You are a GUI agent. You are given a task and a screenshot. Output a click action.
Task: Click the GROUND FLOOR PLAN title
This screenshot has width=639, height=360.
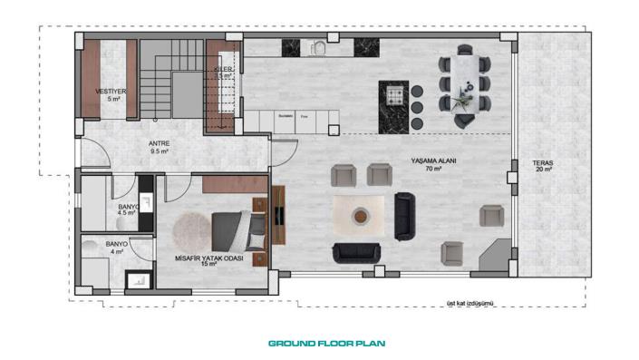pos(327,344)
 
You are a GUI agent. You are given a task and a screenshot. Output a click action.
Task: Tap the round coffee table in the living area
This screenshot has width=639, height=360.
pos(361,216)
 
